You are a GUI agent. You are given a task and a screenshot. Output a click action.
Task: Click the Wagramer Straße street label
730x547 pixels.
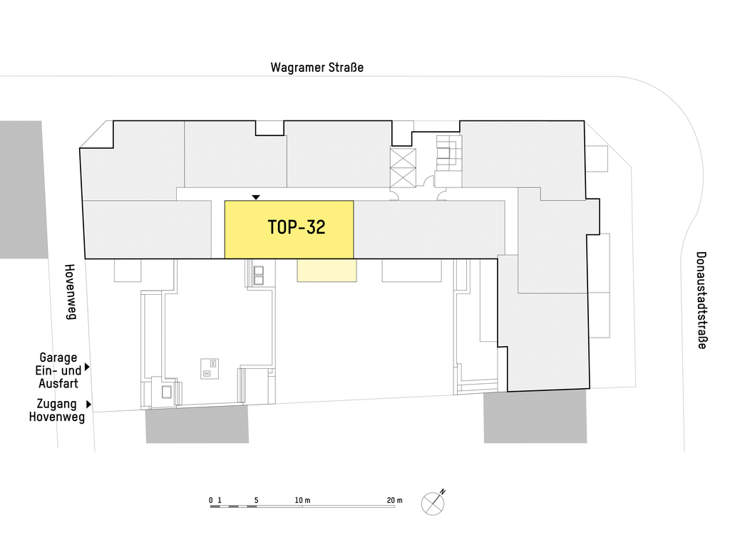coord(317,68)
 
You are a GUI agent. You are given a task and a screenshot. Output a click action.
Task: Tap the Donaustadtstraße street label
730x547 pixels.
coord(701,300)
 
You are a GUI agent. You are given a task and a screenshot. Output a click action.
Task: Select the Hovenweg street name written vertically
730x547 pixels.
coord(70,291)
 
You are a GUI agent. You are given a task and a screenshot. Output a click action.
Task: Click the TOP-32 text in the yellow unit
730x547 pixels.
coord(297,227)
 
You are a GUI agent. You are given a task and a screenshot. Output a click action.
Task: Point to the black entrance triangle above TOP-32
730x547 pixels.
coord(256,198)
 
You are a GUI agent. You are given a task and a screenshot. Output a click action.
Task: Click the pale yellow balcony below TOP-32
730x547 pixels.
coord(327,270)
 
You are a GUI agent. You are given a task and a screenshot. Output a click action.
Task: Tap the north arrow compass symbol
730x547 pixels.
coord(433,502)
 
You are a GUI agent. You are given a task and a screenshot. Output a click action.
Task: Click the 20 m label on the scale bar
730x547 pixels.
coord(394,500)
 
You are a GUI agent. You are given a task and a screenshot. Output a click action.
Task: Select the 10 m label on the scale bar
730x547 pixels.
coord(302,500)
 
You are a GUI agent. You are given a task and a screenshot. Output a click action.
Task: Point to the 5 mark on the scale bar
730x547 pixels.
coord(256,500)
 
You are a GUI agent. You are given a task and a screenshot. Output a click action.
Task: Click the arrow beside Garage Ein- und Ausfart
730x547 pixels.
coord(87,367)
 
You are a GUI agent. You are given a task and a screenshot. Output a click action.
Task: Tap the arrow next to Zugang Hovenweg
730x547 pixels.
coord(88,405)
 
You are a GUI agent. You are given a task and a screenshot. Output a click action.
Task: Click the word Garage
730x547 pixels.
coord(58,358)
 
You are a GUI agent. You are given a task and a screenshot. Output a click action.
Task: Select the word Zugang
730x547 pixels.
coord(56,404)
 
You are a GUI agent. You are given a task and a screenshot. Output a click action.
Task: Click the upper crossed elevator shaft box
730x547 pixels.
coord(403,157)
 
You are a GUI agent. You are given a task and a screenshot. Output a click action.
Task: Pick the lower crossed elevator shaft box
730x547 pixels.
coord(403,177)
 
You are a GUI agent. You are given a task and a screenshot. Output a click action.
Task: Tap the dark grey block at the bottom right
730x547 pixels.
coord(535,417)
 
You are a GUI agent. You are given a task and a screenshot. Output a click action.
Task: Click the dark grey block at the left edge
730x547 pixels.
coord(24,189)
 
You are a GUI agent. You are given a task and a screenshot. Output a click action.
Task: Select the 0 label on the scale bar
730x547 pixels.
coord(211,500)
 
